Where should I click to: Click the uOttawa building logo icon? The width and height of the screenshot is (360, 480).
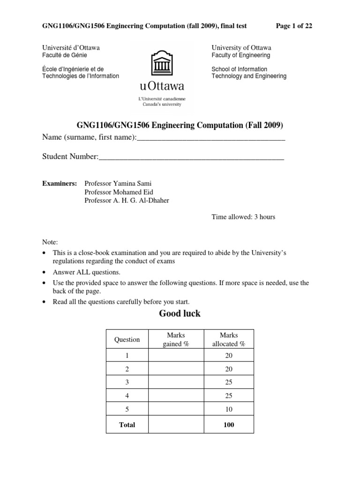(x=162, y=64)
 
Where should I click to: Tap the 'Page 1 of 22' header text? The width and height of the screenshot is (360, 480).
(x=294, y=26)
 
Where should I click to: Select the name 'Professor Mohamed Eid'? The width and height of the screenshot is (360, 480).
(x=119, y=192)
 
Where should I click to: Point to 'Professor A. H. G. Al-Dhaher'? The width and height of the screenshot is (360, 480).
(x=127, y=200)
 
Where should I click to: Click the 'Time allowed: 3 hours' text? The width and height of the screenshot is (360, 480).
(x=243, y=217)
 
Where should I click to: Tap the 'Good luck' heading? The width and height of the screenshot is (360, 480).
(x=180, y=314)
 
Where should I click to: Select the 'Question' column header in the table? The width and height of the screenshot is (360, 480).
(x=127, y=339)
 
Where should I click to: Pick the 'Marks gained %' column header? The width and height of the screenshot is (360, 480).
(x=176, y=339)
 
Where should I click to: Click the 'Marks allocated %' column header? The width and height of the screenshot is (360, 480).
(x=229, y=339)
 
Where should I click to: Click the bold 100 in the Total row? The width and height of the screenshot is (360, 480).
(x=229, y=425)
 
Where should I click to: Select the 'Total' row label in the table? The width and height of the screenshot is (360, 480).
(x=127, y=425)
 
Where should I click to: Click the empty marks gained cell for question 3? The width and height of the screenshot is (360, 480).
(x=176, y=382)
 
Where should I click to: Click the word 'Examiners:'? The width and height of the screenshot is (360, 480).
(x=60, y=183)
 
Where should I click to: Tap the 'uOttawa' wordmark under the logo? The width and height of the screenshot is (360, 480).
(x=162, y=86)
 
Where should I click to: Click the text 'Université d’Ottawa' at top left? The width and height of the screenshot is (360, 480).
(x=71, y=48)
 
